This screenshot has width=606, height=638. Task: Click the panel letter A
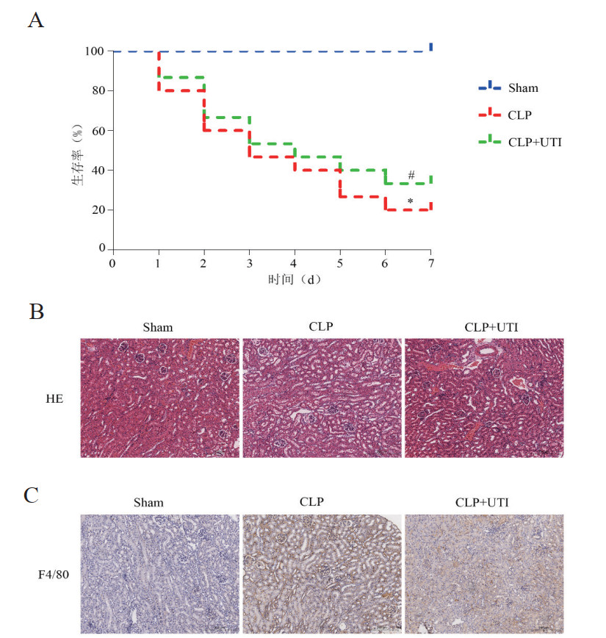click(x=35, y=20)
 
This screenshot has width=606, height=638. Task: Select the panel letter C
click(x=32, y=494)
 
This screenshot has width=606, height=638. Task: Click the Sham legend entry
click(x=523, y=88)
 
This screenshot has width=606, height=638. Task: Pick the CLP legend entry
click(x=519, y=115)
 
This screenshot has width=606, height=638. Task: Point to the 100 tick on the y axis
click(x=94, y=51)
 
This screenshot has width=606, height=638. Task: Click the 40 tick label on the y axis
click(x=97, y=171)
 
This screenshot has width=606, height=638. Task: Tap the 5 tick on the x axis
click(x=340, y=262)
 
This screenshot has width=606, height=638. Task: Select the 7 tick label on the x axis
click(x=431, y=262)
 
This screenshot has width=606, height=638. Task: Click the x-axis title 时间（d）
click(x=273, y=280)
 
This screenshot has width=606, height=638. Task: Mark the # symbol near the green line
click(x=411, y=175)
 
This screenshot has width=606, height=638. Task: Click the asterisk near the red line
click(x=411, y=201)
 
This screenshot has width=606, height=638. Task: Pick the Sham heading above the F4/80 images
click(x=148, y=503)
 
